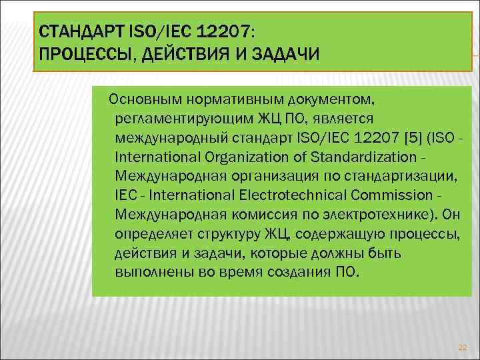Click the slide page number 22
pyautogui.click(x=463, y=347)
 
